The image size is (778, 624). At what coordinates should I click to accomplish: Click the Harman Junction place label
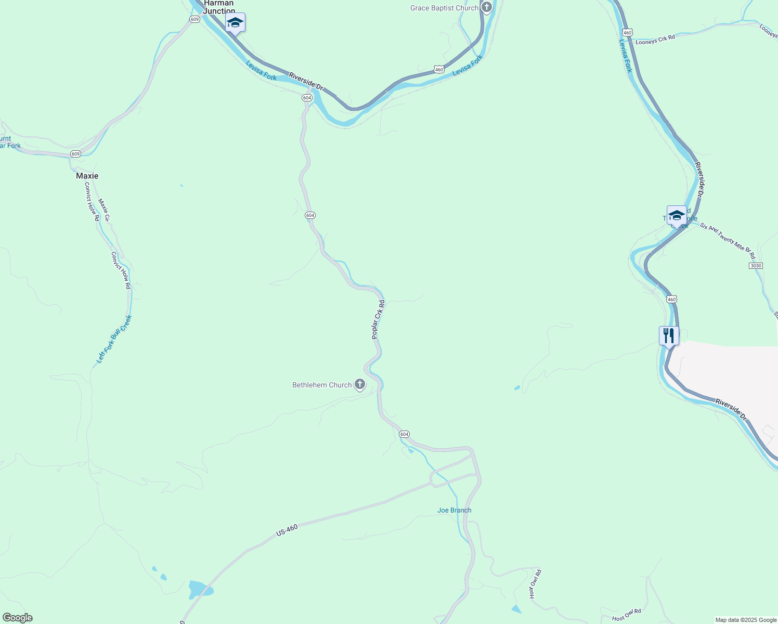(x=219, y=7)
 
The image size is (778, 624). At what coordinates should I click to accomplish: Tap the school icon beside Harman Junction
(x=235, y=23)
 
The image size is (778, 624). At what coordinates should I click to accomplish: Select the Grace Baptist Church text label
(x=444, y=8)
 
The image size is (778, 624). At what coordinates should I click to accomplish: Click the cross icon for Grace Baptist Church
(x=487, y=7)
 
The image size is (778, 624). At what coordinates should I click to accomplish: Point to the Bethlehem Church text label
(x=322, y=385)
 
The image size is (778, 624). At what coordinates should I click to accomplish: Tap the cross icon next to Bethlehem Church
(x=359, y=385)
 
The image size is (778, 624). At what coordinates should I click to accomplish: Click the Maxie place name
(x=87, y=176)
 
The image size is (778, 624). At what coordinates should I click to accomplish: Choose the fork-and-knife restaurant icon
(x=669, y=335)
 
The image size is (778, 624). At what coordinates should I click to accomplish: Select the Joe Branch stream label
(x=454, y=510)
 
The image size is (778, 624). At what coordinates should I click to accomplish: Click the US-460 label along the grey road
(x=287, y=530)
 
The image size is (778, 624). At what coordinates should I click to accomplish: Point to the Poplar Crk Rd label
(x=378, y=320)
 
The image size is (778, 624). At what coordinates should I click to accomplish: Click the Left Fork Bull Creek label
(x=114, y=339)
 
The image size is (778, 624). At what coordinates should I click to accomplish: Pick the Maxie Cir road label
(x=104, y=211)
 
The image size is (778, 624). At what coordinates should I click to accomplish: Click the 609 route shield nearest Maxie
(x=76, y=154)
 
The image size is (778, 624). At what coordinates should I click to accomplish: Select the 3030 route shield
(x=756, y=266)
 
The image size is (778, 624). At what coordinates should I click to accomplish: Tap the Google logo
(x=17, y=618)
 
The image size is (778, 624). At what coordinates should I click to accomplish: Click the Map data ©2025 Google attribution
(x=746, y=620)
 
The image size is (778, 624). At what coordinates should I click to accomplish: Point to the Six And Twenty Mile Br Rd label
(x=727, y=241)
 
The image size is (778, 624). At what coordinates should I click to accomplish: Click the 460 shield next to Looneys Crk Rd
(x=627, y=32)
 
